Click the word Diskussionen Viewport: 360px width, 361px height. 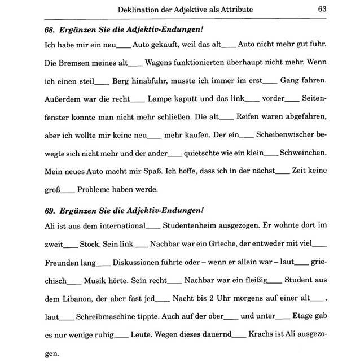[142, 263]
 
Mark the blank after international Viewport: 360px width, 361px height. [152, 227]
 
